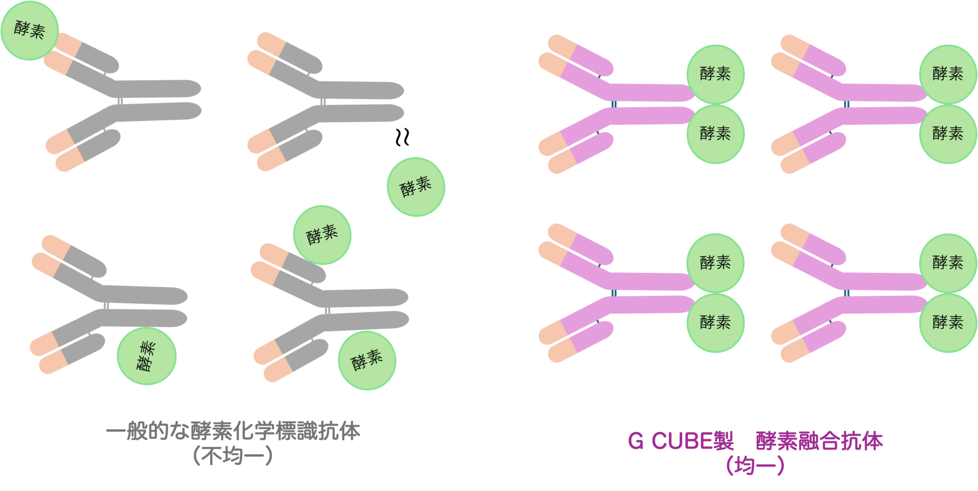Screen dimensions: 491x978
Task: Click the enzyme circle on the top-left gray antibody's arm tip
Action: click(x=29, y=30)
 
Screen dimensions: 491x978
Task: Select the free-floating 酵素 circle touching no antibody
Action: click(x=416, y=187)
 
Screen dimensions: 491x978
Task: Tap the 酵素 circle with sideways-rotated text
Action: click(x=146, y=356)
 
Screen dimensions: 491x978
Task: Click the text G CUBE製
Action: click(x=681, y=441)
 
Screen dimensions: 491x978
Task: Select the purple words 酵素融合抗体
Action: click(x=819, y=441)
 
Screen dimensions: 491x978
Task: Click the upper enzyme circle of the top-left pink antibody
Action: click(x=715, y=74)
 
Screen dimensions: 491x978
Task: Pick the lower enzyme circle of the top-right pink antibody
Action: click(x=948, y=134)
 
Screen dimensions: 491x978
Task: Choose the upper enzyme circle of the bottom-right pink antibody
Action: click(x=948, y=263)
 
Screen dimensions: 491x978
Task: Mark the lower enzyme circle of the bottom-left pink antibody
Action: click(x=715, y=322)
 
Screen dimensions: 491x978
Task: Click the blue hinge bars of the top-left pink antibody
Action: click(x=614, y=104)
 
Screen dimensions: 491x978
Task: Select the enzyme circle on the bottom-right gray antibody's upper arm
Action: click(x=322, y=235)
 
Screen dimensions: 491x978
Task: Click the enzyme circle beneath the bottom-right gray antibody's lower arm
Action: click(x=367, y=360)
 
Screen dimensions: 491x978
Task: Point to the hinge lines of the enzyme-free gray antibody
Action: click(x=322, y=102)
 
